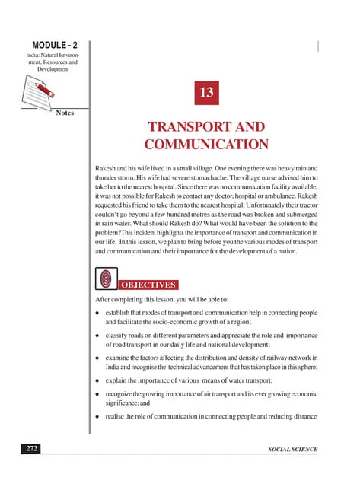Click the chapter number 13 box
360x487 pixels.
coord(205,94)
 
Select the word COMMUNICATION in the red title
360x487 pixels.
coord(205,144)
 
